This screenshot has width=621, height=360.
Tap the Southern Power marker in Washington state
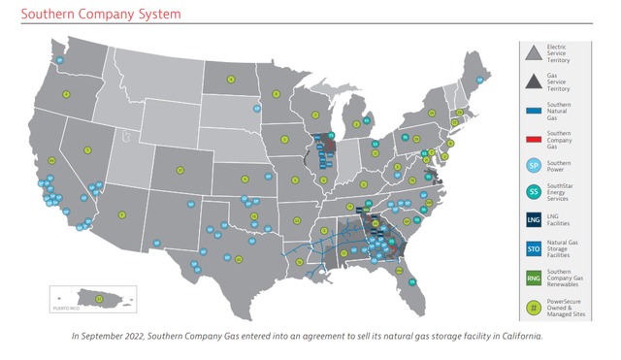point(59,59)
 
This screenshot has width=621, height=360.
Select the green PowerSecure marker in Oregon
point(66,94)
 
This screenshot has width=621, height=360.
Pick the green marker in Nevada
point(87,150)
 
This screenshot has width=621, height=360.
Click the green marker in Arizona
point(122,214)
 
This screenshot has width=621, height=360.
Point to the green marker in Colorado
point(180,171)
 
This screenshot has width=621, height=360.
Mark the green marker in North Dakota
point(276,94)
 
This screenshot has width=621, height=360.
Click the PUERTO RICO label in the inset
point(66,307)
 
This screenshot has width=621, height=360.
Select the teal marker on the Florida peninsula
point(411,282)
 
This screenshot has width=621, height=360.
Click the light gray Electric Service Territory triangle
point(533,50)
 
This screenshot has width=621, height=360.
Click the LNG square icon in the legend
point(533,219)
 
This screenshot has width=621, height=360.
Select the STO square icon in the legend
point(533,249)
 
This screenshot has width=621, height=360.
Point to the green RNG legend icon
point(533,278)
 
